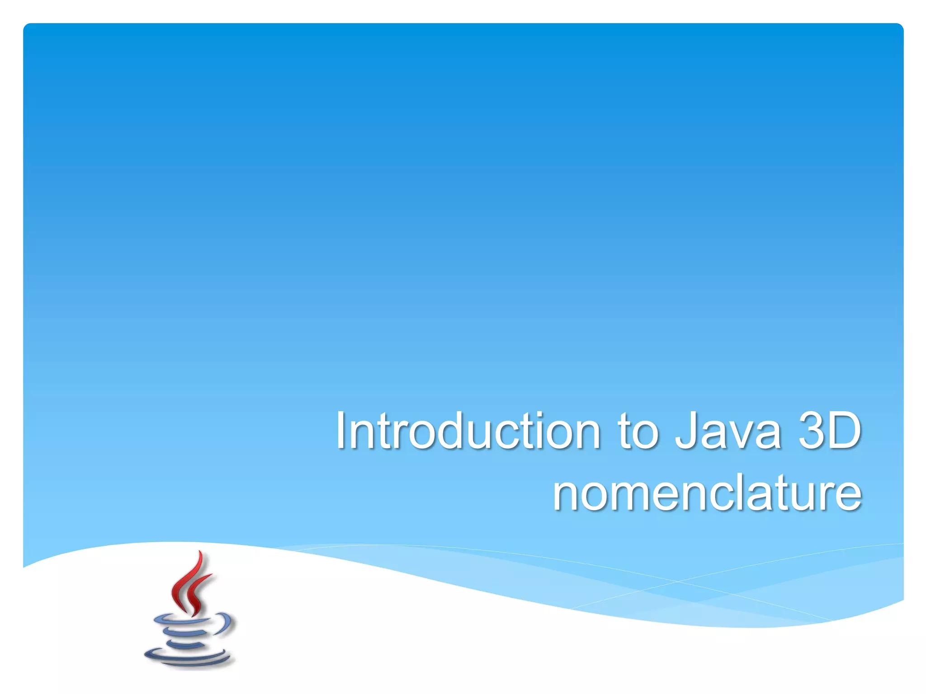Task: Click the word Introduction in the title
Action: click(x=468, y=431)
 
